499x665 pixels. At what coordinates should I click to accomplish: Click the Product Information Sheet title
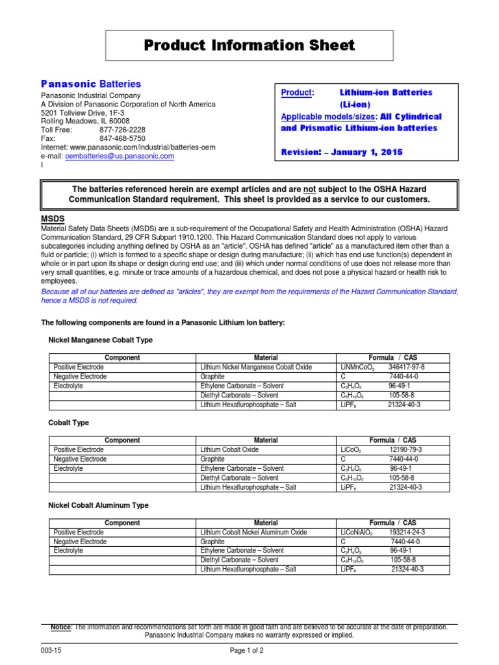click(249, 45)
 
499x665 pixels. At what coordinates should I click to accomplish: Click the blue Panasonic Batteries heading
click(91, 84)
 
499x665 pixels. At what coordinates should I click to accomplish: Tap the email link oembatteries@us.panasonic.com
click(120, 157)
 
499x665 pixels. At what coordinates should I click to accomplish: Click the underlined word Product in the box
click(296, 93)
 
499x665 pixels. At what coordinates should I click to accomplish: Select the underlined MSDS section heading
click(53, 219)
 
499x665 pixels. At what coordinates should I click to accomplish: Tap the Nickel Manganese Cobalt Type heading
click(101, 340)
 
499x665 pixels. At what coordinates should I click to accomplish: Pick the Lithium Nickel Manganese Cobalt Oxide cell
click(256, 367)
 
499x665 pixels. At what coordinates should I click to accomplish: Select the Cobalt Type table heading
click(69, 423)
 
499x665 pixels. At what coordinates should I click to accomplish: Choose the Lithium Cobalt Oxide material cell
click(229, 449)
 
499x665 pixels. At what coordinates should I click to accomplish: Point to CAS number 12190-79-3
click(407, 449)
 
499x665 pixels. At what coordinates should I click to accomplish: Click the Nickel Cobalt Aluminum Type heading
click(99, 505)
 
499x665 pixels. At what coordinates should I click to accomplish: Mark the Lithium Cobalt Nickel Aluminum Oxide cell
click(253, 532)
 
